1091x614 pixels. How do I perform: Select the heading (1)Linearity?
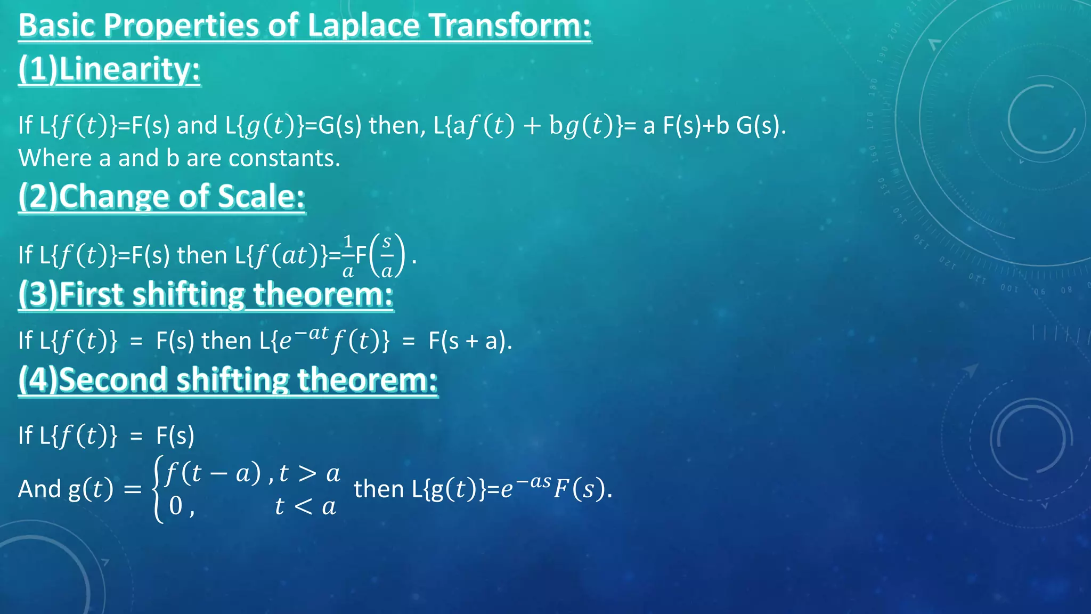109,69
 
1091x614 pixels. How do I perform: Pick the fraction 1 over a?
348,256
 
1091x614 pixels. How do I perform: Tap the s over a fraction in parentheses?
387,256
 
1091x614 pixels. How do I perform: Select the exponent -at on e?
311,334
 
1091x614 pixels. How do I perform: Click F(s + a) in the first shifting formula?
469,341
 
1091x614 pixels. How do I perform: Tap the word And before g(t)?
39,489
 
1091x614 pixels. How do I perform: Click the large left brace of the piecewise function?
158,489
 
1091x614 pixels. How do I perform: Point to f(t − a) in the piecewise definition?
213,473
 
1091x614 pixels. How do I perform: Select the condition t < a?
305,506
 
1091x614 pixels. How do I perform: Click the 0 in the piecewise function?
176,506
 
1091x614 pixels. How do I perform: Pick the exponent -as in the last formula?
533,482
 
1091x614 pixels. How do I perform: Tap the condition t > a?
310,473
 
